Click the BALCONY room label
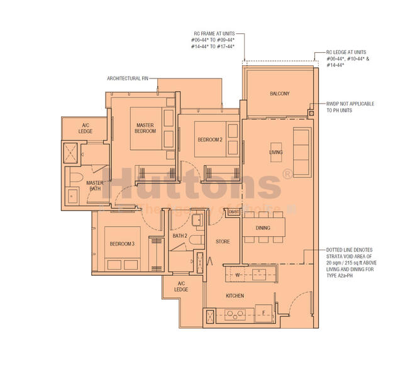click(279, 94)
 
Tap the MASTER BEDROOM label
click(145, 129)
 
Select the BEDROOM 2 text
click(209, 139)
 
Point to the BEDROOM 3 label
click(122, 244)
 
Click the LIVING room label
click(275, 153)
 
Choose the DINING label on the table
click(263, 228)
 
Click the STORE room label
click(223, 241)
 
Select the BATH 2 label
click(180, 236)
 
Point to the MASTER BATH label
click(94, 185)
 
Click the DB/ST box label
click(233, 212)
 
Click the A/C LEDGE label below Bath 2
click(181, 287)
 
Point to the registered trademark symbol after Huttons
click(287, 174)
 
